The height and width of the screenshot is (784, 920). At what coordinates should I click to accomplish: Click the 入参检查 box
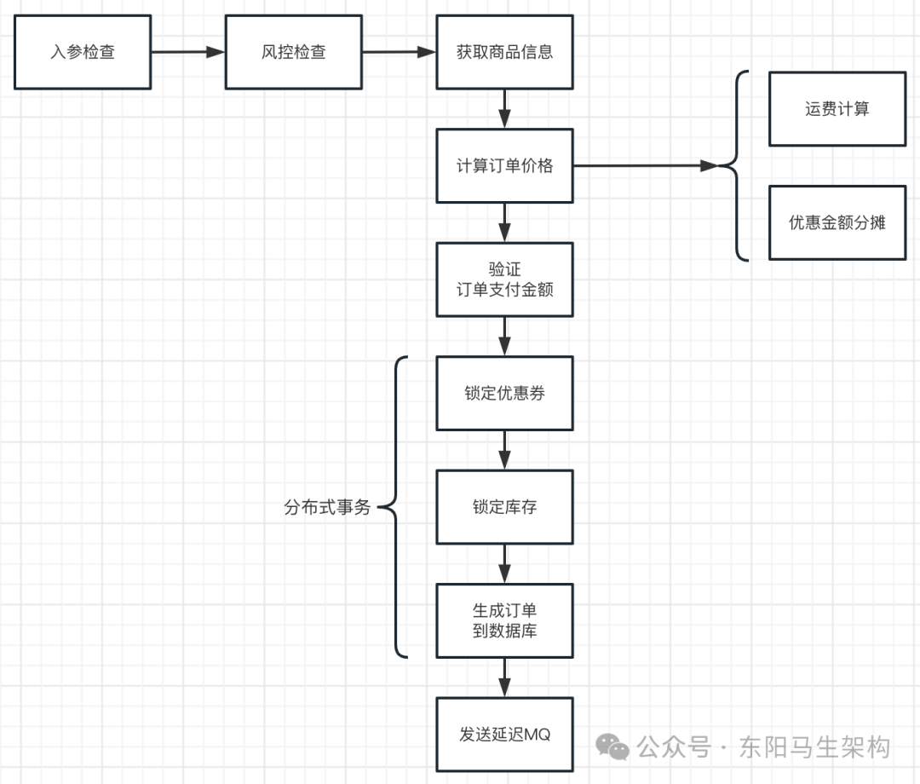pos(83,52)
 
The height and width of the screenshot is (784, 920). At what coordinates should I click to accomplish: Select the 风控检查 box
pos(294,52)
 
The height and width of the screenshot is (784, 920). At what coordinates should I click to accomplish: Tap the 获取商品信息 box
pos(504,52)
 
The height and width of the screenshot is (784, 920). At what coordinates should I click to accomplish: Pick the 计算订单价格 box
pos(504,166)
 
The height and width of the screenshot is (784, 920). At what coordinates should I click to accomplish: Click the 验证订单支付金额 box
pos(504,280)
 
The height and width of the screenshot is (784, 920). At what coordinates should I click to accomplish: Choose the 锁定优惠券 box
pos(504,393)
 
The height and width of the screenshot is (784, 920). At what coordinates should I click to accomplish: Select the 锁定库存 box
pos(504,507)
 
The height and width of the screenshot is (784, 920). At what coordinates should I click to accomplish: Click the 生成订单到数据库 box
pos(504,620)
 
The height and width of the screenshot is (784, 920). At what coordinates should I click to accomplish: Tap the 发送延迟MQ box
pos(504,735)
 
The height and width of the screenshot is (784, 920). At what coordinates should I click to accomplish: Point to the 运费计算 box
pos(837,109)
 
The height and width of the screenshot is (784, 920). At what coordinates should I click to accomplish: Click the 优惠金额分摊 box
pos(837,222)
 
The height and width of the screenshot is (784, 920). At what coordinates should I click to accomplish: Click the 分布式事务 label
pos(327,508)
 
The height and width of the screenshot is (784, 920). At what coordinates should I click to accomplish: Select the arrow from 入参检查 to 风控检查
pos(187,52)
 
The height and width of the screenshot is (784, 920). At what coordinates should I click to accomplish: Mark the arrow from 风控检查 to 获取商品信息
pos(399,52)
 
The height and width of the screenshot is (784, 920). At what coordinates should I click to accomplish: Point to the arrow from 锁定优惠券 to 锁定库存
pos(504,449)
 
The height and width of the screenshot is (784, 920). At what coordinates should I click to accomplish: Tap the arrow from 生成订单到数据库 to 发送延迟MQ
pos(504,677)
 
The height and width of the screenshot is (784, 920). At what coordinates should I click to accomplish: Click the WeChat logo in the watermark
pos(613,747)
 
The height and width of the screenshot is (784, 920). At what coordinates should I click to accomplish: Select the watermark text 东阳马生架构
pos(815,747)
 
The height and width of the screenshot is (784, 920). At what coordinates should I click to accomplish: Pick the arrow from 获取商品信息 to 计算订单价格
pos(504,108)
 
